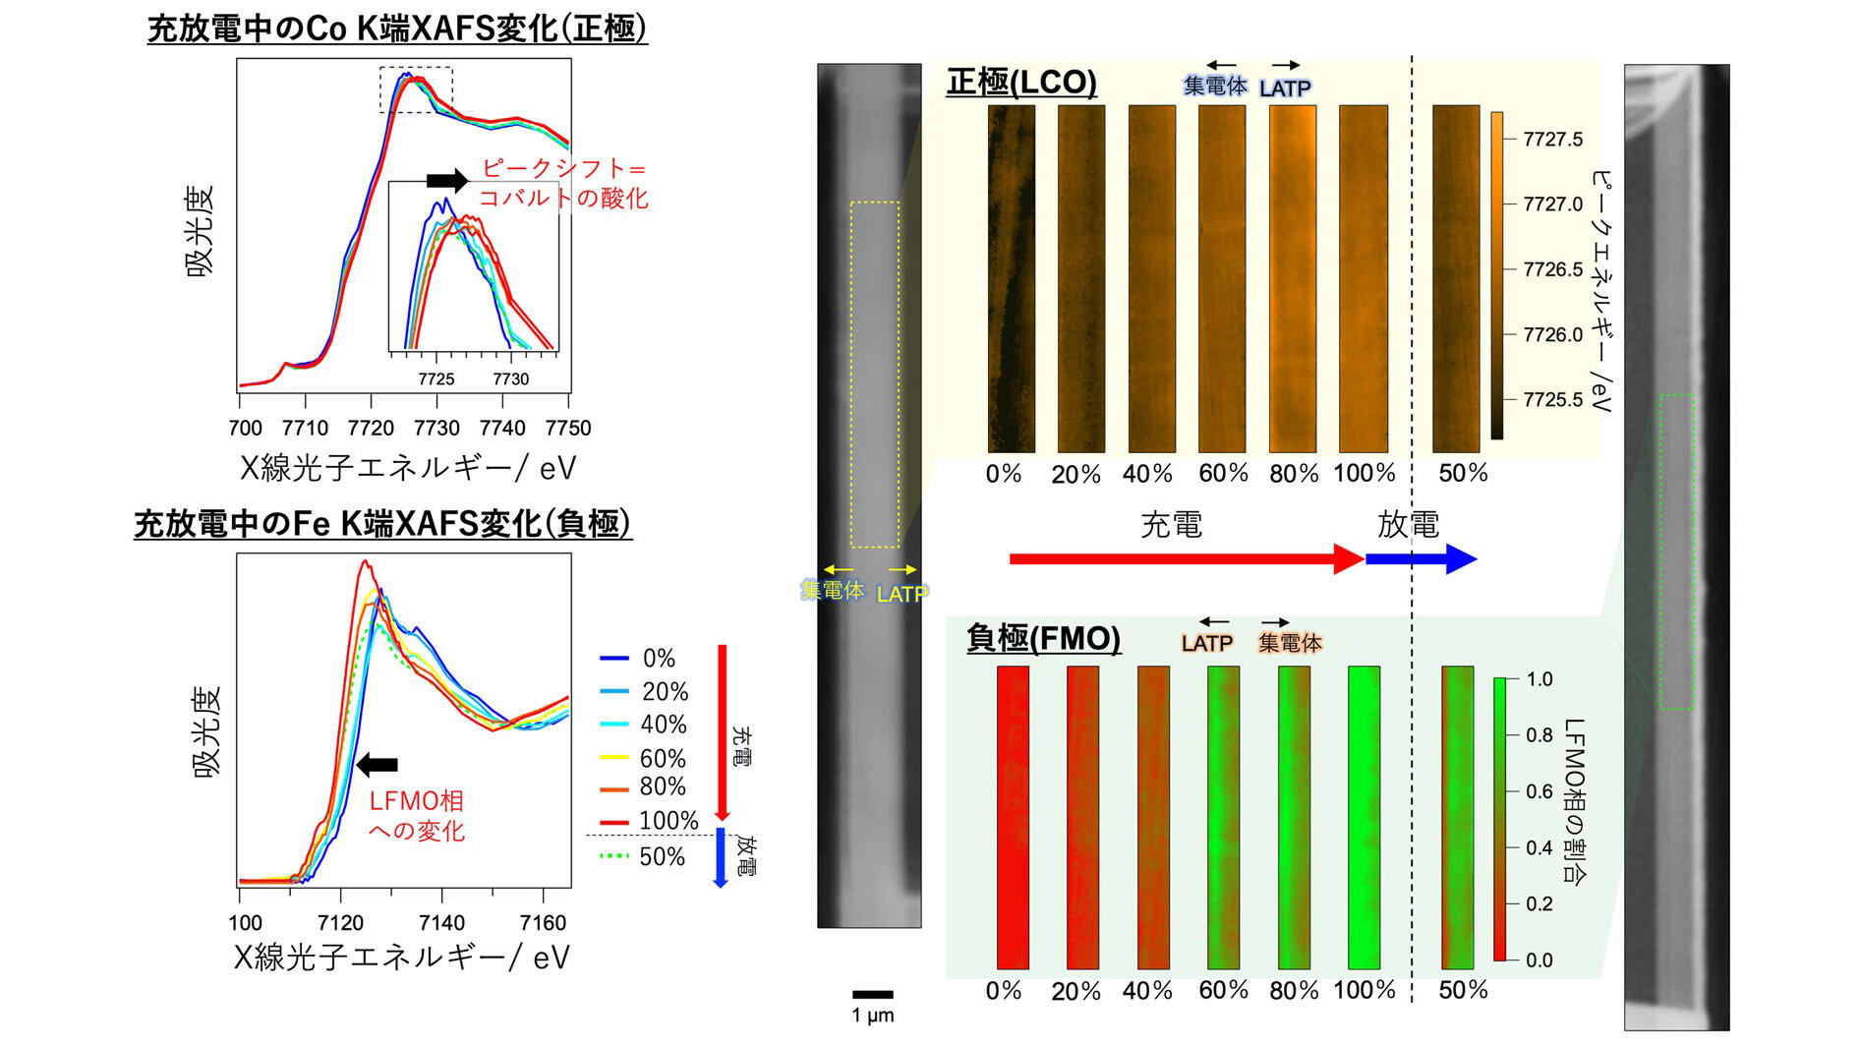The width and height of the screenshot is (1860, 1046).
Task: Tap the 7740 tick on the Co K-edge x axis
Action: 502,428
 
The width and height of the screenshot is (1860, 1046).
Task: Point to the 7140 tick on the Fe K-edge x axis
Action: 441,922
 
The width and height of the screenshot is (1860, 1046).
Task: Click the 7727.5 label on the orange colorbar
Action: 1552,140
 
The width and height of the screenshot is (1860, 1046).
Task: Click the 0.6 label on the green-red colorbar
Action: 1539,791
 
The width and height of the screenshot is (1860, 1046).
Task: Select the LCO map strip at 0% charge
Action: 1011,279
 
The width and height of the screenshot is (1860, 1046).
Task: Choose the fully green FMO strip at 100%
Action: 1364,817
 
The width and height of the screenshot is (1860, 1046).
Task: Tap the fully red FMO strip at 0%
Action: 1013,817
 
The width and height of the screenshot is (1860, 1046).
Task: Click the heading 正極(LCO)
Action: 1021,82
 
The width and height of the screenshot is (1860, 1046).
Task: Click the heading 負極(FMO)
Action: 1043,639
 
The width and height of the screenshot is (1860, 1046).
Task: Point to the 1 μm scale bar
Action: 872,995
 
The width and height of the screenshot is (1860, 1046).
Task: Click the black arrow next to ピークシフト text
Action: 447,180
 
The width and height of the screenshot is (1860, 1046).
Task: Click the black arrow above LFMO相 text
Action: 377,765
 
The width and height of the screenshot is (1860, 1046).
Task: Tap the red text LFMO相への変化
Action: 416,816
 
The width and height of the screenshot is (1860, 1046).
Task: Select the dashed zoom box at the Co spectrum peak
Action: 416,89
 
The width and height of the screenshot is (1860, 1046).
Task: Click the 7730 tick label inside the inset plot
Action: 510,379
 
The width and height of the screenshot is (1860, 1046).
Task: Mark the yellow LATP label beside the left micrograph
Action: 901,594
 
